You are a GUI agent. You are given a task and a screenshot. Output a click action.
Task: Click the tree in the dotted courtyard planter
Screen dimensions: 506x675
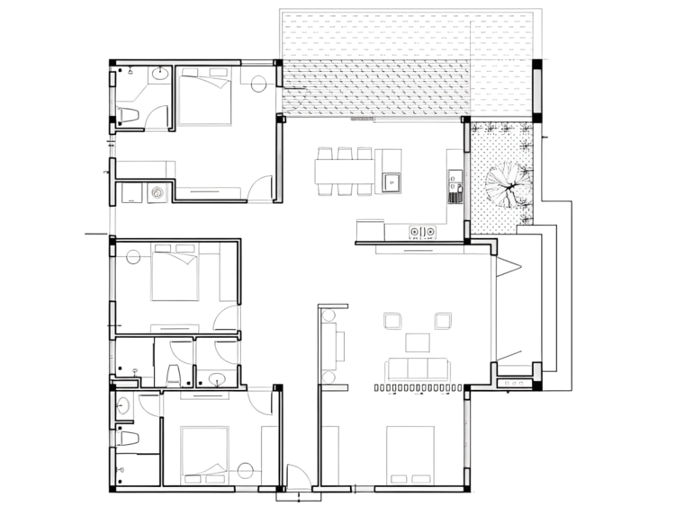[x=501, y=185]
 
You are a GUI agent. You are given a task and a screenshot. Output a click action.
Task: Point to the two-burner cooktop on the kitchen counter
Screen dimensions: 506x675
[x=423, y=231]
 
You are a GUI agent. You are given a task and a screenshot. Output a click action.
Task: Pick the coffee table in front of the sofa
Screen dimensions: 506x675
[x=418, y=342]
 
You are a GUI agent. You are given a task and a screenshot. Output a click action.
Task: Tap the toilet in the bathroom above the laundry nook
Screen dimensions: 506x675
[x=128, y=114]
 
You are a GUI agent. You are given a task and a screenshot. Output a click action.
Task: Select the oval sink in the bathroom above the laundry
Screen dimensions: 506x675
[x=159, y=75]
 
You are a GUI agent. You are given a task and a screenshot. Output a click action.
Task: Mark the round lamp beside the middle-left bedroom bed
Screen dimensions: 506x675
[x=133, y=255]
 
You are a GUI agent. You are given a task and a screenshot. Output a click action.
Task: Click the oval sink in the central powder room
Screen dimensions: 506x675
[x=216, y=378]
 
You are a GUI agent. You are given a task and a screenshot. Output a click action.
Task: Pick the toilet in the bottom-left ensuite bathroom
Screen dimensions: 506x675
[x=129, y=439]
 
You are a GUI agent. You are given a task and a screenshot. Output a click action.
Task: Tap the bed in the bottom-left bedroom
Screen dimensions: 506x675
[x=206, y=453]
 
